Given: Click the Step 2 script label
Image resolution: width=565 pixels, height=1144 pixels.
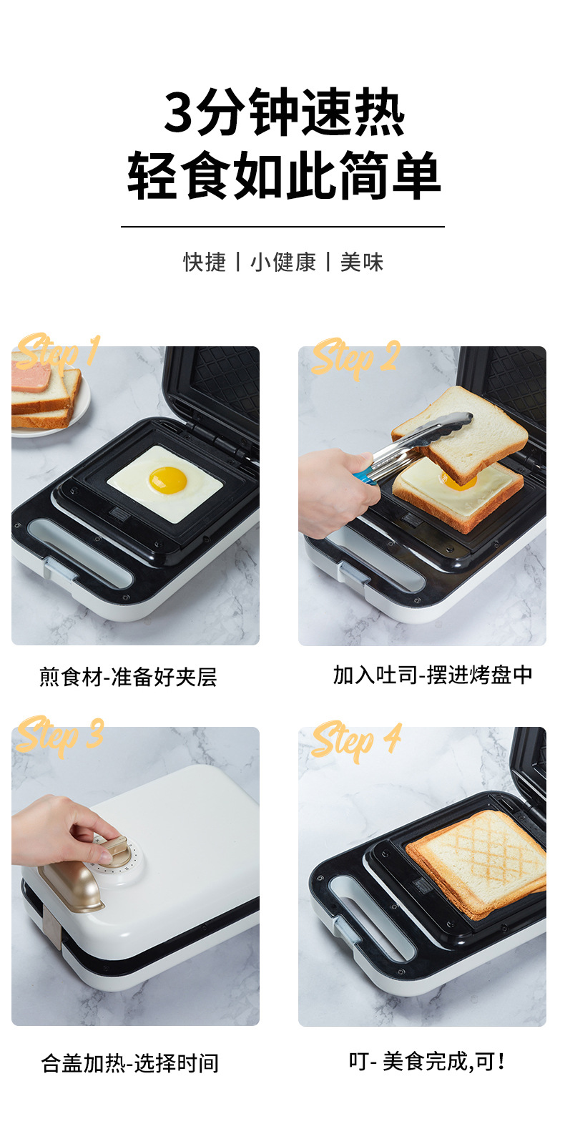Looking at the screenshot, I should coord(355,358).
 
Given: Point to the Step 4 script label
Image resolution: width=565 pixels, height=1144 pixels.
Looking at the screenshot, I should coord(355,740).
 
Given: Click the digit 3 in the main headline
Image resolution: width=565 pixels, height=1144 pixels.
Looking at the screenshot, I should coord(179,113).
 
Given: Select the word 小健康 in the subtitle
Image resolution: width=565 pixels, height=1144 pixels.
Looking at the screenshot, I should coord(282,263).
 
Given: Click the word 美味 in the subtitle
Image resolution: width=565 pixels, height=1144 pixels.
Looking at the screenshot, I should coord(361,263).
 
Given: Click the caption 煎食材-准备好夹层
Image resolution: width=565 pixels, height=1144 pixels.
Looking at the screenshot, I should coord(128,677).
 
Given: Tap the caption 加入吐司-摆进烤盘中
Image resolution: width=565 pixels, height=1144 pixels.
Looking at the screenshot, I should coord(433,675).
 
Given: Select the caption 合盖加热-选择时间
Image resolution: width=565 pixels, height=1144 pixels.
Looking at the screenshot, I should coord(130,1063).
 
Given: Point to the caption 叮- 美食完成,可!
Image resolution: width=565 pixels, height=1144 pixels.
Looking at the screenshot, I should coord(427,1061).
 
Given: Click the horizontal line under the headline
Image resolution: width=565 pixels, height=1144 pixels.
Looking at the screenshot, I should coord(282,227).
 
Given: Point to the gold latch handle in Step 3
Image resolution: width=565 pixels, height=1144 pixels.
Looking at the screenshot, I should coord(72,887).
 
